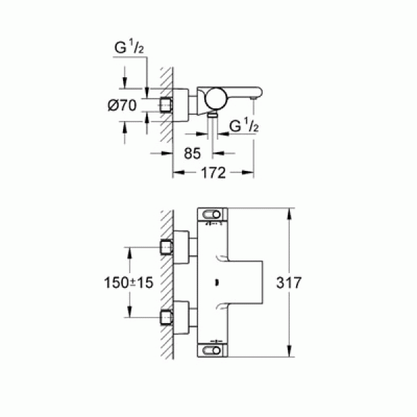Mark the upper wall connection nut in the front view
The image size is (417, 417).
166,245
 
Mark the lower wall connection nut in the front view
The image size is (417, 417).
166,318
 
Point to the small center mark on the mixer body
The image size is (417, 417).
217,282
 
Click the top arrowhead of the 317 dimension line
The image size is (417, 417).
289,208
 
